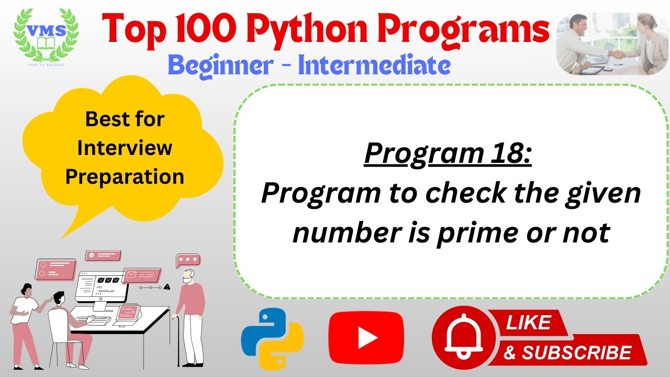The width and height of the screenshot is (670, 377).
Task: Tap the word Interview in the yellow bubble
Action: coord(125,148)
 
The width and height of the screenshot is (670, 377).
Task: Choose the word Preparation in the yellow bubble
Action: coord(125,176)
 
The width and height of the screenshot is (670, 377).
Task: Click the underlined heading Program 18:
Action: coord(448,153)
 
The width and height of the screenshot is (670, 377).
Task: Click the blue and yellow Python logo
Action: coord(272,339)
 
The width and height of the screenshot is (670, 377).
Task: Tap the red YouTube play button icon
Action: coord(366,338)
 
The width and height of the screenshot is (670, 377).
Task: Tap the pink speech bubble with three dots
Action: coord(188,260)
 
